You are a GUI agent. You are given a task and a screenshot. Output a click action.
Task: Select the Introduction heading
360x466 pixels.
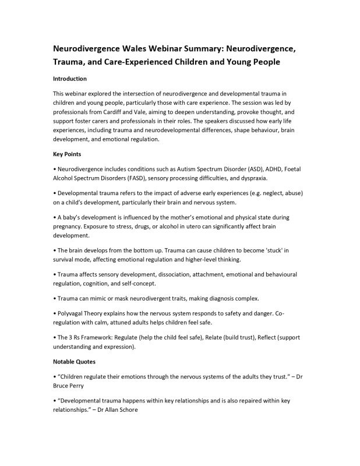click(x=70, y=79)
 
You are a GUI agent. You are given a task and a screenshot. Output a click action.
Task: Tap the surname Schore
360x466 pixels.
click(x=125, y=409)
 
